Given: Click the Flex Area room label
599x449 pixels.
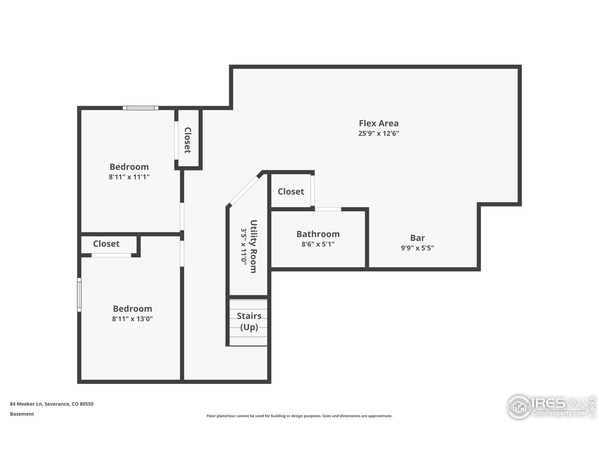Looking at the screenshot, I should click(x=379, y=123).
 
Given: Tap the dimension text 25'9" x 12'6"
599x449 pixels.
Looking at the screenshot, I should click(x=379, y=133).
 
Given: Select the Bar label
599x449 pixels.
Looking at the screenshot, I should click(x=417, y=238).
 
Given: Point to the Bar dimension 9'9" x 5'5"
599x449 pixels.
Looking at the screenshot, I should click(x=417, y=248).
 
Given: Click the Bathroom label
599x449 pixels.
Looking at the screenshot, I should click(x=318, y=234).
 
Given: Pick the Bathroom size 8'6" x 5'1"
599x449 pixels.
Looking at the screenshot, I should click(x=318, y=244).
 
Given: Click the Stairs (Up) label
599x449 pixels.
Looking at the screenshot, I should click(x=249, y=321).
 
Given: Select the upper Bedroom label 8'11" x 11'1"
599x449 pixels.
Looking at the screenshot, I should click(x=129, y=177).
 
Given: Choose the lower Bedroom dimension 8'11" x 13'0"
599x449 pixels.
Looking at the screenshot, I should click(x=132, y=319).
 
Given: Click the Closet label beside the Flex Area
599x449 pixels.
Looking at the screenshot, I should click(x=291, y=191).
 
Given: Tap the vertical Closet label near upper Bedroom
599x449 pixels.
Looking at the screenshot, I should click(x=188, y=140).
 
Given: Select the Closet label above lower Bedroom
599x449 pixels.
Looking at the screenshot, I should click(x=106, y=244).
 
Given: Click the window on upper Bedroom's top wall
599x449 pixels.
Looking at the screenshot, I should click(x=140, y=108).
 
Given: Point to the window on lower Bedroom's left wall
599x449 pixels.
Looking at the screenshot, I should click(x=79, y=295).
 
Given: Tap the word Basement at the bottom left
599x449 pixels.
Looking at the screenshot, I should click(x=22, y=414).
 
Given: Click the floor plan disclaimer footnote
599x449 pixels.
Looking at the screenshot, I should click(x=299, y=416).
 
